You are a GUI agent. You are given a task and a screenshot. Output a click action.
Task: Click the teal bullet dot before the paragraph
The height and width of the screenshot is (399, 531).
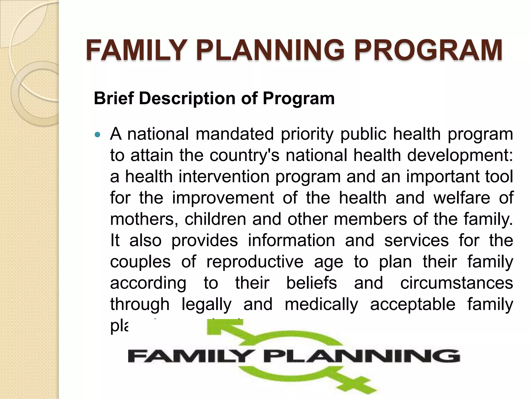(x=97, y=135)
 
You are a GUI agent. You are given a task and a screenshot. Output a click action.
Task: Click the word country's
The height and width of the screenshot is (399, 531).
(x=244, y=155)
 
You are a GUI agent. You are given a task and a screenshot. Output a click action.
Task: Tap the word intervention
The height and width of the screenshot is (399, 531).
(x=224, y=177)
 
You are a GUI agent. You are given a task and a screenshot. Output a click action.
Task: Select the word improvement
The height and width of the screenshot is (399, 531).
(x=223, y=198)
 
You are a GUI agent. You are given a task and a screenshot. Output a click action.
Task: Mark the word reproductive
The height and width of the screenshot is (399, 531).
(x=255, y=262)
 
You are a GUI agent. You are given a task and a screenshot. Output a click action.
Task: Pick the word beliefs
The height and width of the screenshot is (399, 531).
(x=311, y=283)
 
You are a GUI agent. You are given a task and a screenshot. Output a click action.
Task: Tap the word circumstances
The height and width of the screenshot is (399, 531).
(x=457, y=283)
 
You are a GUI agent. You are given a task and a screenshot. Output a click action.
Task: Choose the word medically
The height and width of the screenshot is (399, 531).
(x=321, y=304)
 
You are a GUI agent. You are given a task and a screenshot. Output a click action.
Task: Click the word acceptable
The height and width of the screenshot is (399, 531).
(x=413, y=304)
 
